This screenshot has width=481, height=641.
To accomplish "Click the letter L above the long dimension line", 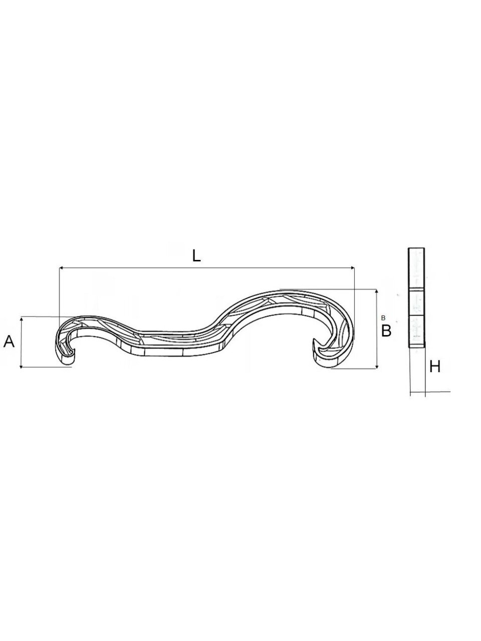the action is click(196, 256).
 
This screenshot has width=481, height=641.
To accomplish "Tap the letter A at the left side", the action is click(9, 342).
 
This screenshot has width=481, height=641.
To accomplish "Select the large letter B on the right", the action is click(386, 331).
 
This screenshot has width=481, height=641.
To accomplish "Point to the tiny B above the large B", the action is click(383, 317).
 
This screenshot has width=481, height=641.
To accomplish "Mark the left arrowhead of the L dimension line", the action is click(61, 267).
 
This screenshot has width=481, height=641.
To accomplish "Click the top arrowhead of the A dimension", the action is click(21, 318).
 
